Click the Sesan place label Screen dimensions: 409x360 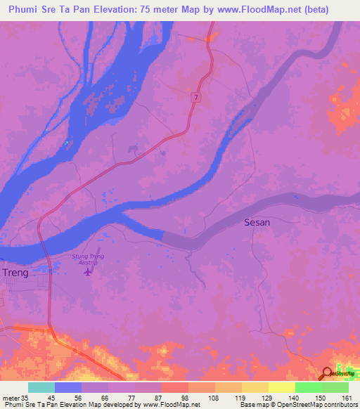point(257,223)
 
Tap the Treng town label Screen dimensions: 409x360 point(16,273)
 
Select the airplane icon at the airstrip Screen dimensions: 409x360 point(88,271)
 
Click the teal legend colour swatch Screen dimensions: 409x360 point(41,387)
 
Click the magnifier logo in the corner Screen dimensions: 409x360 point(327,374)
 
